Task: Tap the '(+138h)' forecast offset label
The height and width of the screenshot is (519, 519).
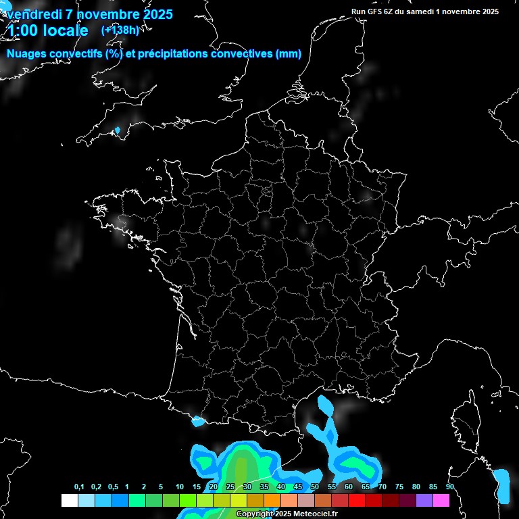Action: pyautogui.click(x=120, y=30)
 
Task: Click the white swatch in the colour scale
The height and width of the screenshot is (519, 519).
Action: pyautogui.click(x=69, y=500)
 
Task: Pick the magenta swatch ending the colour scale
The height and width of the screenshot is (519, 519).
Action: pyautogui.click(x=441, y=500)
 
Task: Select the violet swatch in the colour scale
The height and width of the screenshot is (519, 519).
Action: pyautogui.click(x=424, y=500)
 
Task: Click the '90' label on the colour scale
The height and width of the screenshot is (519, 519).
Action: pyautogui.click(x=449, y=487)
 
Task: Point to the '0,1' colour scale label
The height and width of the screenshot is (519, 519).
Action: pyautogui.click(x=78, y=487)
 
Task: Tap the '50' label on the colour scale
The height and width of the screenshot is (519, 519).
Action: pyautogui.click(x=315, y=487)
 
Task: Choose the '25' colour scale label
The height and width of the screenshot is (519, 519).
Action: pyautogui.click(x=230, y=487)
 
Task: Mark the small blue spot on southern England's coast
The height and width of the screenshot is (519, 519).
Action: pyautogui.click(x=117, y=130)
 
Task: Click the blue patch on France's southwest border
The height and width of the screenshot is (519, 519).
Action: pyautogui.click(x=198, y=422)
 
